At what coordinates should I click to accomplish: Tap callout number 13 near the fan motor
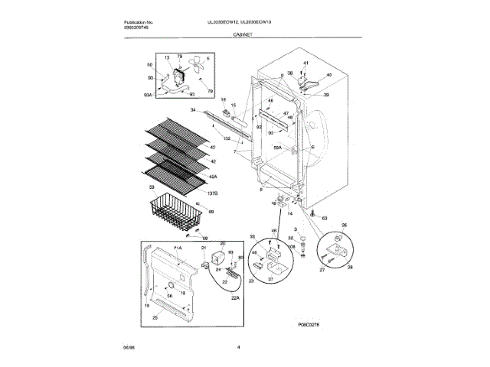167,58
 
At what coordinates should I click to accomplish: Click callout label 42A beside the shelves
213,175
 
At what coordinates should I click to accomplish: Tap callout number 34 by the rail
193,112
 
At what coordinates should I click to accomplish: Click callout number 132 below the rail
227,137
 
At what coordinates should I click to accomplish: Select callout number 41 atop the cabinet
305,62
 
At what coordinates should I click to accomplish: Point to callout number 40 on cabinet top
328,76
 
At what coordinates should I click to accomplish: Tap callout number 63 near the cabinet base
324,218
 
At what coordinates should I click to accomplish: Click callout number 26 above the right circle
344,226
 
